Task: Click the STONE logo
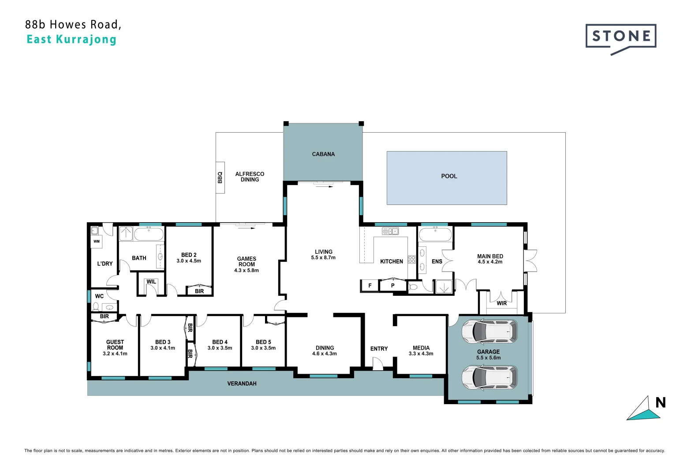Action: (x=620, y=37)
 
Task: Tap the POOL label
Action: (x=449, y=176)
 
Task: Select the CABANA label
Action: (x=323, y=154)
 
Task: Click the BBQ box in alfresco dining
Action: (x=220, y=178)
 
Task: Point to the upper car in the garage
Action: (x=489, y=332)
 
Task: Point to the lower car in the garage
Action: (x=489, y=378)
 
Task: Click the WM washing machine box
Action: (x=97, y=242)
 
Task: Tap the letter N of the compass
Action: (x=660, y=403)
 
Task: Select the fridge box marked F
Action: (x=370, y=286)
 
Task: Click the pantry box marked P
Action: (x=392, y=286)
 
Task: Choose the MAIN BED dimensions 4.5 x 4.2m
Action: (x=490, y=262)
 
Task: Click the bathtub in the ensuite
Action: (x=435, y=234)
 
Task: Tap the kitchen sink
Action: (x=390, y=231)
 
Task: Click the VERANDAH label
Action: (x=242, y=384)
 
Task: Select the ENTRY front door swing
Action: (x=377, y=364)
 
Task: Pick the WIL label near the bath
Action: (x=151, y=282)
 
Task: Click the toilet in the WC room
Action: (x=96, y=306)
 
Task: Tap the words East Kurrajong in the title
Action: (x=71, y=40)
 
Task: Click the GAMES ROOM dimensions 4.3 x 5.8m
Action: (x=247, y=271)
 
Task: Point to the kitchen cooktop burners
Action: (x=411, y=259)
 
